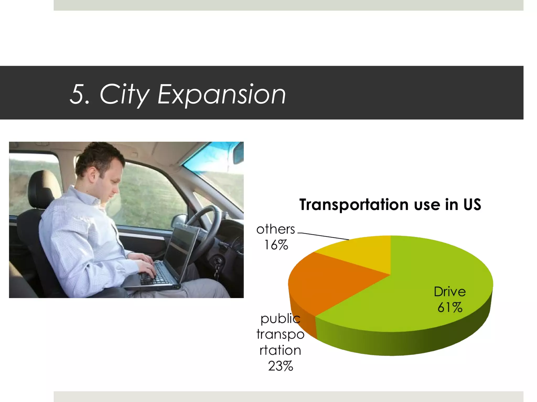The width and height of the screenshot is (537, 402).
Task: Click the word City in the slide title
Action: pyautogui.click(x=124, y=94)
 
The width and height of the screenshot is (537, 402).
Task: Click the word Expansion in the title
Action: pyautogui.click(x=222, y=94)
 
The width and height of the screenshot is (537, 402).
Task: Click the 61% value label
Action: pyautogui.click(x=450, y=308)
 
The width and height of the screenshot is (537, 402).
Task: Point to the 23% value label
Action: pyautogui.click(x=280, y=366)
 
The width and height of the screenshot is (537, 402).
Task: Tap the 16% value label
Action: pyautogui.click(x=276, y=245)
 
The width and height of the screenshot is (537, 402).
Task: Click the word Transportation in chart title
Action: pyautogui.click(x=354, y=204)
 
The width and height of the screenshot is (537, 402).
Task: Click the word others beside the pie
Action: pyautogui.click(x=276, y=229)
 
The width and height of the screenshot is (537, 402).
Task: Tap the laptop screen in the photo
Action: pyautogui.click(x=181, y=249)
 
